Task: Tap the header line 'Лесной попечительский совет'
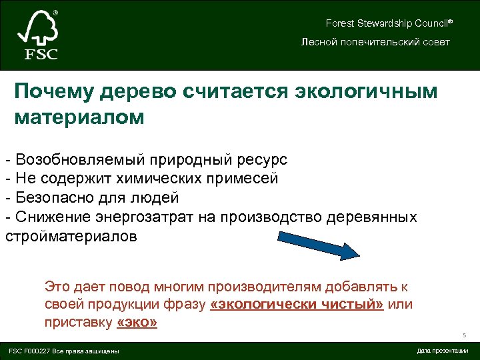(375, 42)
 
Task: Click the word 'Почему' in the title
(53, 91)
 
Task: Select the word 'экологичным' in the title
(365, 91)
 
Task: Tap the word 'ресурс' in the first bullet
(261, 160)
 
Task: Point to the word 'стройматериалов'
(71, 237)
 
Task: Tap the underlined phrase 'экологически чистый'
(297, 305)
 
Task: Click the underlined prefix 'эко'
(137, 323)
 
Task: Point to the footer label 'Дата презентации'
(442, 351)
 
